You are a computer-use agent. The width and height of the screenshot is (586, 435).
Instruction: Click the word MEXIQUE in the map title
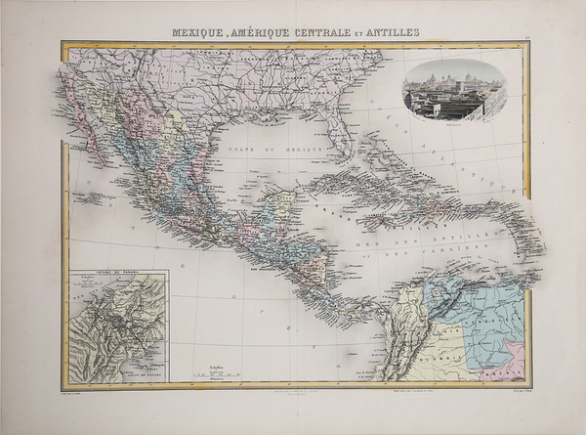point(199,31)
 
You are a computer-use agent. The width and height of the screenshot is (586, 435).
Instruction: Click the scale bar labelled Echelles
point(222,370)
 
